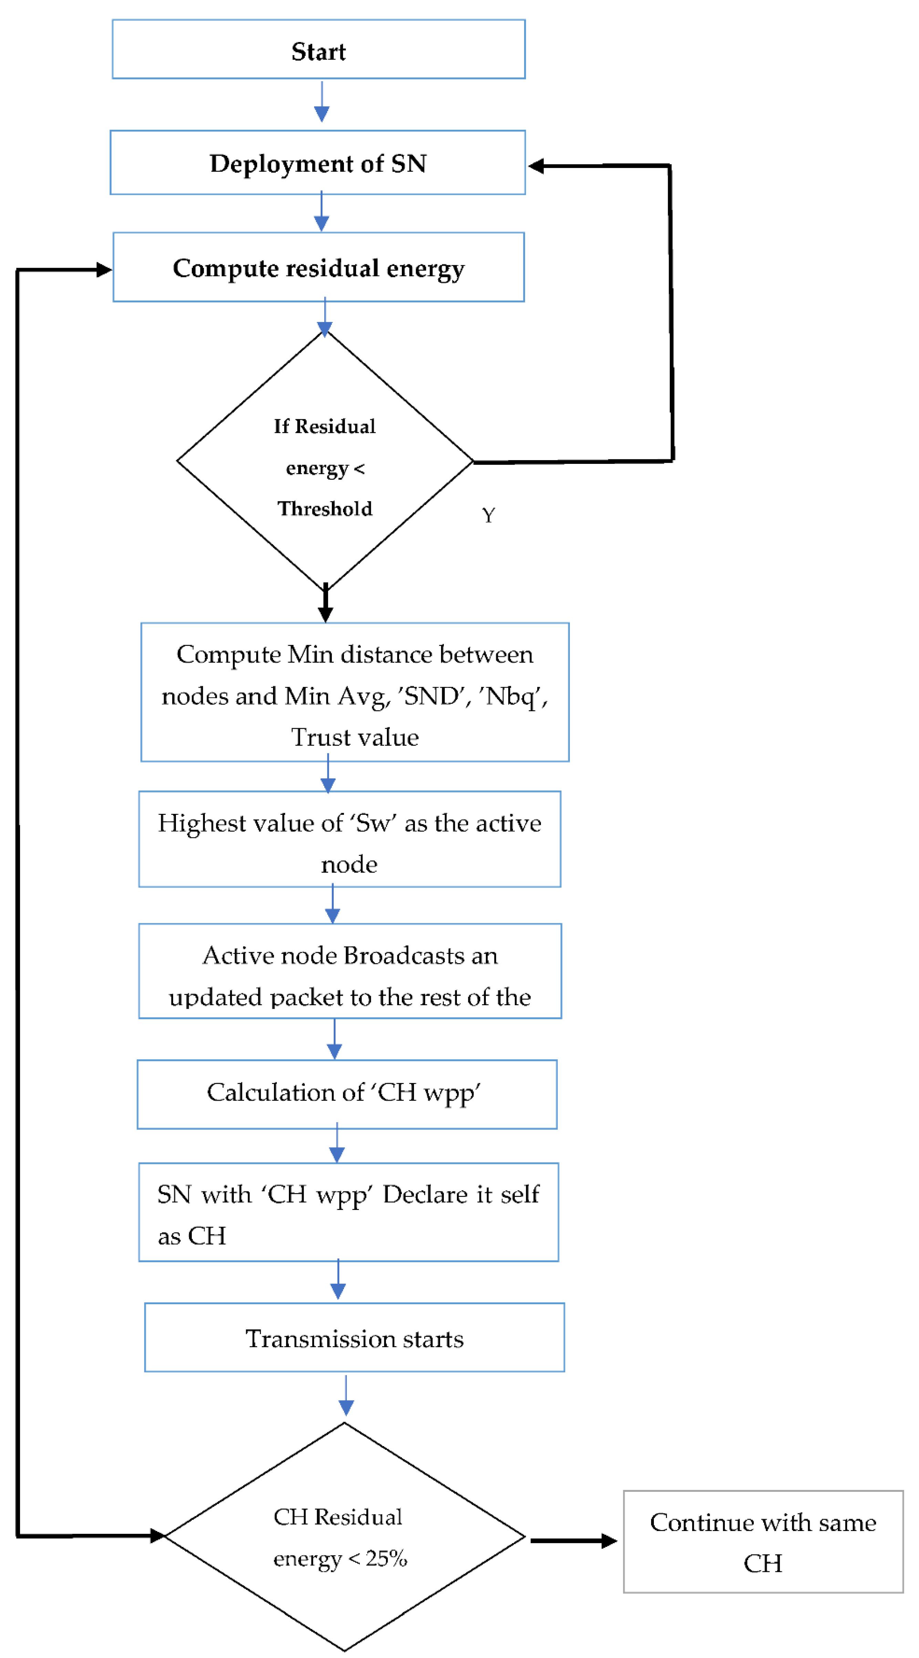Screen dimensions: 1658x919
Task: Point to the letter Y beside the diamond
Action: [488, 516]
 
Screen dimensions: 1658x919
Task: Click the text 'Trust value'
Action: [355, 737]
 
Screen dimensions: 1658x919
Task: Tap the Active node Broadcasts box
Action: [350, 971]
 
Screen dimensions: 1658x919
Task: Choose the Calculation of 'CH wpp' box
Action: [346, 1094]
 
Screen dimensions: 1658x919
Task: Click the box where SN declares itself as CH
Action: [348, 1213]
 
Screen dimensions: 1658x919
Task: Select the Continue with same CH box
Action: [763, 1542]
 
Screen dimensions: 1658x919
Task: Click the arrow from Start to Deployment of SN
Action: [321, 103]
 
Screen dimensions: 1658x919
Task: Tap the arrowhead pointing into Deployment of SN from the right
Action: [536, 166]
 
